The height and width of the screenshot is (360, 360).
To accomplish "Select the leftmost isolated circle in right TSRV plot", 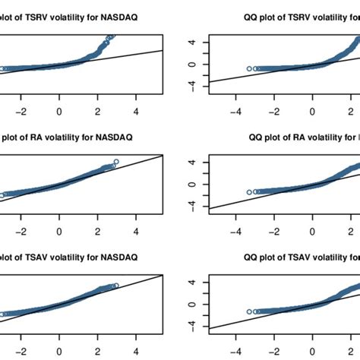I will pyautogui.click(x=249, y=69).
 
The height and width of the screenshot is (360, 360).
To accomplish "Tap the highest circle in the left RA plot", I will pyautogui.click(x=116, y=161).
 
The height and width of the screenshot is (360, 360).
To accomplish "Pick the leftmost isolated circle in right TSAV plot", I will pyautogui.click(x=249, y=311).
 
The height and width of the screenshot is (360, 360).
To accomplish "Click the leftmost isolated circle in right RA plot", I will pyautogui.click(x=249, y=191).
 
